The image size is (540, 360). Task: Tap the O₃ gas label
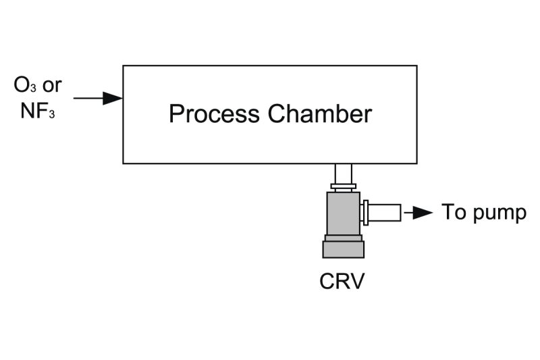point(25,86)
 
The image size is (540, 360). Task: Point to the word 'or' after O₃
point(52,86)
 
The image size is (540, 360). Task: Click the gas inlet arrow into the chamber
point(98,99)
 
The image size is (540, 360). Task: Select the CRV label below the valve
point(342,280)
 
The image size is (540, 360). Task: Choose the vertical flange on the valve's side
point(365,213)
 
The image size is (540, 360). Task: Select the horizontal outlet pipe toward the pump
point(385,213)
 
